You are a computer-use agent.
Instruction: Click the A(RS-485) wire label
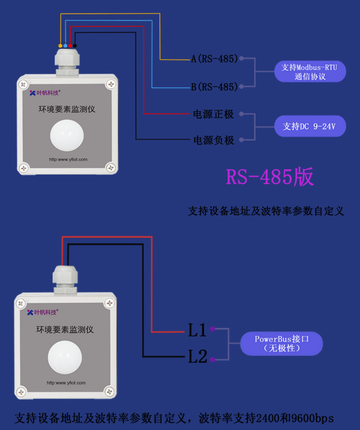214,59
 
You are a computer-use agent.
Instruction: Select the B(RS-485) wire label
214,87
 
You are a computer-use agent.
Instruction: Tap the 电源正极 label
213,114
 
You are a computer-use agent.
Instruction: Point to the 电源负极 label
213,141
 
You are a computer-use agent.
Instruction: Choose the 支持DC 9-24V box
309,126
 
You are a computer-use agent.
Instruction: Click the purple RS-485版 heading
269,177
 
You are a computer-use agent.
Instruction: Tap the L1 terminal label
197,330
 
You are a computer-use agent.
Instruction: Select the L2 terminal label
197,357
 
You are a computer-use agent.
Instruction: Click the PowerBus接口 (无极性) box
288,343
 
